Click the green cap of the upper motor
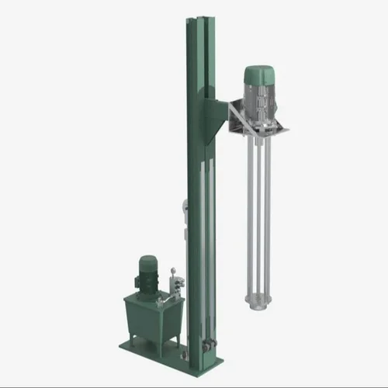point(258,74)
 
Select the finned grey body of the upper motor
point(258,97)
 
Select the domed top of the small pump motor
point(147,259)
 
